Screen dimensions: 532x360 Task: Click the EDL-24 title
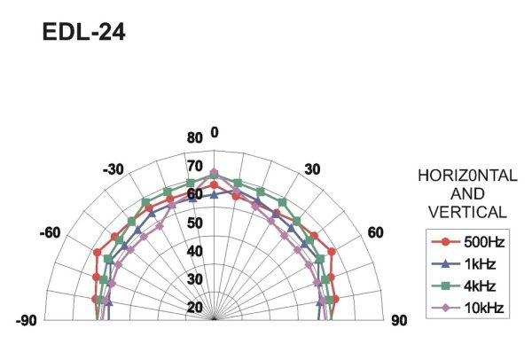(84, 33)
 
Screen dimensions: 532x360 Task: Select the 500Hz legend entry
(468, 242)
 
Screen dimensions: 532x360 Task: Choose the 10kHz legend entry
(468, 308)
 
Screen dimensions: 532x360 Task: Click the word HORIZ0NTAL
(467, 176)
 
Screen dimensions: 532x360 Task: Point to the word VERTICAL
(467, 213)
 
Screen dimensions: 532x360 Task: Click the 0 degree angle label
(215, 132)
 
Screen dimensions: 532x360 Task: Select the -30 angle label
(113, 169)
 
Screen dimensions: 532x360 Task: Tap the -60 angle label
(51, 233)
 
